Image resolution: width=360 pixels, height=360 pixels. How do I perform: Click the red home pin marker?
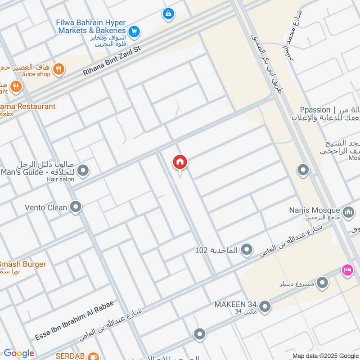tap(180, 162)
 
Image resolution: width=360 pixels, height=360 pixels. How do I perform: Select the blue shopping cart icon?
tap(134, 31)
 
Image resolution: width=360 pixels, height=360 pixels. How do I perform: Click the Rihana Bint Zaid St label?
tap(112, 60)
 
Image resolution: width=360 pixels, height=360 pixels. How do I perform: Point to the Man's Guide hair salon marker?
tap(83, 171)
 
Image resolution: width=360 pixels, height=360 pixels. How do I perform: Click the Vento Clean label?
tap(46, 207)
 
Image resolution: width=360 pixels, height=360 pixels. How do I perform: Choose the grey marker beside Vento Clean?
tap(76, 207)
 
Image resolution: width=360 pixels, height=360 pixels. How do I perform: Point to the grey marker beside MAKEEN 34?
tap(265, 307)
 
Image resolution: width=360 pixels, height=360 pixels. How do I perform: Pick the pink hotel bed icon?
tap(347, 270)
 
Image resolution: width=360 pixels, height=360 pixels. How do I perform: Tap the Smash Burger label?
tap(22, 264)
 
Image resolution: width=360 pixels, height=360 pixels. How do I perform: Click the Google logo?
tap(19, 353)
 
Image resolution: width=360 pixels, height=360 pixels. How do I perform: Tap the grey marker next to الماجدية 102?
tap(246, 249)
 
